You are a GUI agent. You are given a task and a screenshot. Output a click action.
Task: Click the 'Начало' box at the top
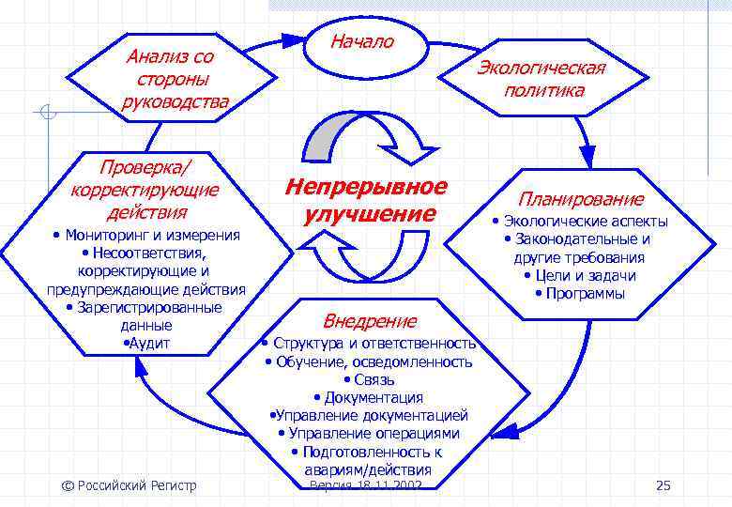tap(362, 42)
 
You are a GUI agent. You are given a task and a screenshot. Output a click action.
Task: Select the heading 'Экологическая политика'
tap(542, 79)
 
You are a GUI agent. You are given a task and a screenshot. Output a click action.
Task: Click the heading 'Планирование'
tap(580, 199)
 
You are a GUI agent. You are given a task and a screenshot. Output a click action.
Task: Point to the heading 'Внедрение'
tap(370, 321)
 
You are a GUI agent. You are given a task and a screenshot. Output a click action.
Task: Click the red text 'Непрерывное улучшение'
tap(367, 200)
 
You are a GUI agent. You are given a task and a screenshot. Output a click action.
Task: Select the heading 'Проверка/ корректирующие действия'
tap(145, 189)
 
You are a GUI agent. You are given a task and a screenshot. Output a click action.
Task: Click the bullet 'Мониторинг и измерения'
tap(146, 235)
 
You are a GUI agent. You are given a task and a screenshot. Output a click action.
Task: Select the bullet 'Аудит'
tap(146, 344)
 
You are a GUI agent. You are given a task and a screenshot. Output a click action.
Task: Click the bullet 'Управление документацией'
tap(369, 415)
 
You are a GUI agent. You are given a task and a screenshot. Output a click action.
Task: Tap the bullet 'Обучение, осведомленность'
tap(369, 361)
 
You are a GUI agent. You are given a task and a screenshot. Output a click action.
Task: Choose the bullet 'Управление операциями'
tap(369, 433)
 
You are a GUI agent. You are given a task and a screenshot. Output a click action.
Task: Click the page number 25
tap(663, 485)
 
